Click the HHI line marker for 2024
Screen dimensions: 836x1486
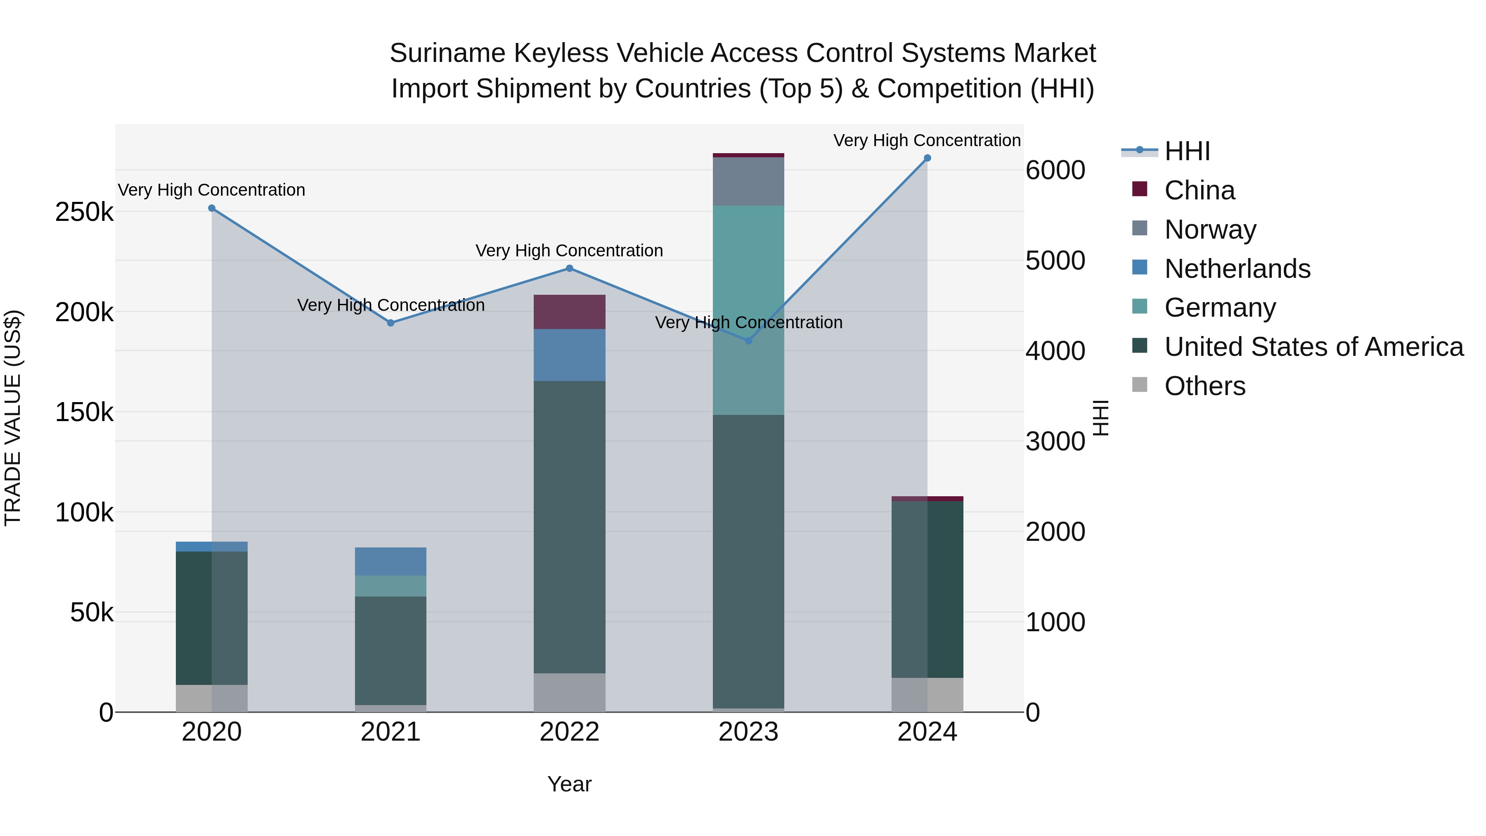click(927, 158)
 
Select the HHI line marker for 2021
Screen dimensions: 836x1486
click(390, 323)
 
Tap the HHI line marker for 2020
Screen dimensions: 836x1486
click(212, 208)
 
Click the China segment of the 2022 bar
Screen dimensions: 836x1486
click(569, 312)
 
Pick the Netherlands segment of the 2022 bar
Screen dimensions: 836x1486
click(569, 355)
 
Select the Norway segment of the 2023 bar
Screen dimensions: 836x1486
click(748, 181)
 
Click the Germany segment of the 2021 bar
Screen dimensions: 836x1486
click(390, 585)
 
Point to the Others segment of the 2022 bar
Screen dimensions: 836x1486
click(569, 692)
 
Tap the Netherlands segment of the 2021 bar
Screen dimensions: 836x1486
click(390, 561)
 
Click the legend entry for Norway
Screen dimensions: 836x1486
click(1210, 230)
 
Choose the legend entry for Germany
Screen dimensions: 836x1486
click(1219, 308)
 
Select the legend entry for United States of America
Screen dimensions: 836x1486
click(1313, 347)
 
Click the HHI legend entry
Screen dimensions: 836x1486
click(1187, 151)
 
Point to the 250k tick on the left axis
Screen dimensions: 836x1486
click(84, 212)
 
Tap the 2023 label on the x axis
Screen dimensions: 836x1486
click(748, 732)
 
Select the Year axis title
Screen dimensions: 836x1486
click(569, 784)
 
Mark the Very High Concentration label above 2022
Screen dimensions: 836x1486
click(569, 251)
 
